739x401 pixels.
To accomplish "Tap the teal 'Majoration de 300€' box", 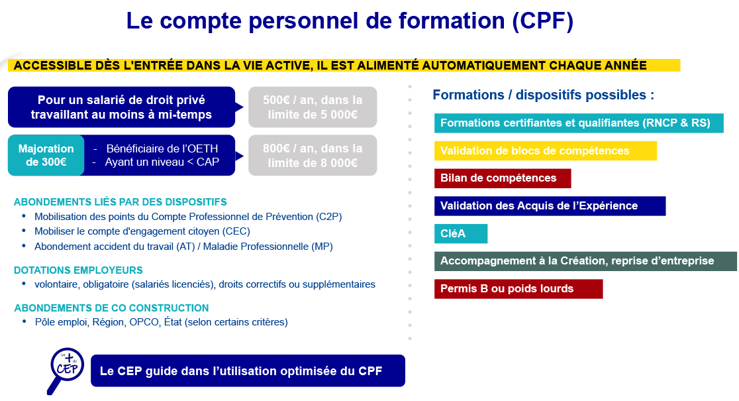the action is [46, 155].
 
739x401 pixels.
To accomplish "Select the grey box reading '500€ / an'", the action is [313, 107].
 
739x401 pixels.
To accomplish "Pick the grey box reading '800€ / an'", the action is [313, 155].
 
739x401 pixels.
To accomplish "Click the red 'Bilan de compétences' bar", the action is [503, 178].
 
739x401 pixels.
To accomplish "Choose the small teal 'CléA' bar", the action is [460, 233].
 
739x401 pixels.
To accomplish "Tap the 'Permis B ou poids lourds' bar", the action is [518, 289].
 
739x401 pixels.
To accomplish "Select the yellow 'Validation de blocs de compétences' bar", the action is [545, 151].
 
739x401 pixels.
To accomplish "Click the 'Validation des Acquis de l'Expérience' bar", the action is [550, 206].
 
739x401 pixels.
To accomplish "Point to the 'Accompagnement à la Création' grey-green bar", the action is [585, 261].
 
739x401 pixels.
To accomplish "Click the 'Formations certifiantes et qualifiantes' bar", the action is [579, 123].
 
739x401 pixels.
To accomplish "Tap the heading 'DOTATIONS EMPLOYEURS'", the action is [78, 270].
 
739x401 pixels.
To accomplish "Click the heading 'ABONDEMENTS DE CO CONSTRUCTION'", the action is [111, 308].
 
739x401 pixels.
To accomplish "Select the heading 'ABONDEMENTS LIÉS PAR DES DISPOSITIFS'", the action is [120, 202].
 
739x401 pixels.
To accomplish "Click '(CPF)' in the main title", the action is [543, 21].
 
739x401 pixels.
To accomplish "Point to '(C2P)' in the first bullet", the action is [329, 217].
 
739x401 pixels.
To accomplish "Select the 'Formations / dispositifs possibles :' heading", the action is [544, 95].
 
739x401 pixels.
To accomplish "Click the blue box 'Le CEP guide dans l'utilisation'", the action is [248, 371].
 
